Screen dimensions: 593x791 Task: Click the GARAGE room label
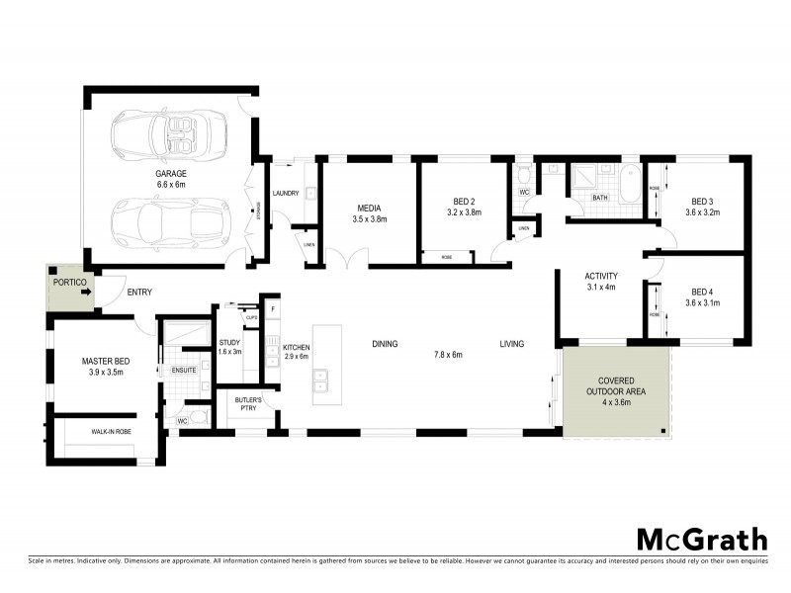click(x=171, y=173)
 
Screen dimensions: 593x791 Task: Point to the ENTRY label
click(x=137, y=292)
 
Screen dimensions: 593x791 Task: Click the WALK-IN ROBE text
click(x=112, y=432)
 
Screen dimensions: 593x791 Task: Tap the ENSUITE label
click(x=184, y=370)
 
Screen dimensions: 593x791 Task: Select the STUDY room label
click(x=229, y=342)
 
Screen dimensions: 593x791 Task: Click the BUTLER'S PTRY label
click(x=246, y=403)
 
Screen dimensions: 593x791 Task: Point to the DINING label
click(x=385, y=344)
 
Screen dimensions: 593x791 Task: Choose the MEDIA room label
click(x=369, y=207)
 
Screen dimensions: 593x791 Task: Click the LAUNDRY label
click(x=286, y=194)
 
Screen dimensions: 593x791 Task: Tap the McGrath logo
click(x=700, y=539)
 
